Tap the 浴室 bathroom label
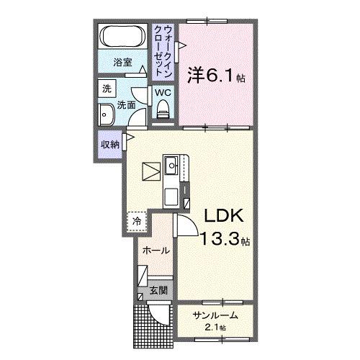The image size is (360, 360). click(x=123, y=63)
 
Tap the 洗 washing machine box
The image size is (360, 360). click(x=107, y=90)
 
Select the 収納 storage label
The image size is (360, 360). click(x=110, y=143)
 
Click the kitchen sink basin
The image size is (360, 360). click(x=171, y=167)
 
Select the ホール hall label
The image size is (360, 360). click(x=156, y=251)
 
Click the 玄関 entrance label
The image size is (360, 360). click(x=158, y=291)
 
